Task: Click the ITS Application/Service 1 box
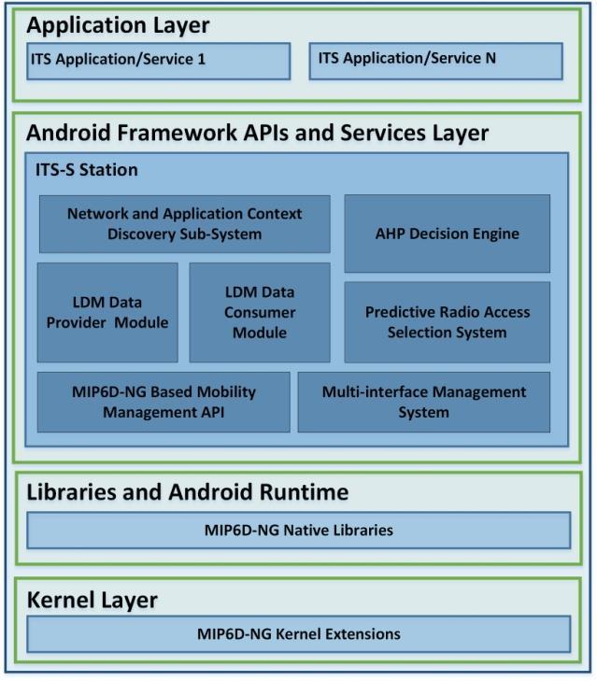point(159,62)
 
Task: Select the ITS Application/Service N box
point(435,62)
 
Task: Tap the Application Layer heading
point(118,25)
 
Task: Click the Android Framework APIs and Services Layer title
point(257,133)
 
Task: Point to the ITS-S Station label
point(87,170)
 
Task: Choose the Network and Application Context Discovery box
point(185,224)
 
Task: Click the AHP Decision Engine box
point(448,234)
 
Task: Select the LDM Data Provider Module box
point(107,312)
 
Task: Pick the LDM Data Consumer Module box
point(260,312)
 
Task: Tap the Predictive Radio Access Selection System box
point(448,322)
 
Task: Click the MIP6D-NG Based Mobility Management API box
point(163,402)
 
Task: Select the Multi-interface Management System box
point(424,402)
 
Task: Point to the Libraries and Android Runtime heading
point(187,492)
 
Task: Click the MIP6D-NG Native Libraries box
point(299,531)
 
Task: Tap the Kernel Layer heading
point(92,601)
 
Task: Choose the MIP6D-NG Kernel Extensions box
point(299,634)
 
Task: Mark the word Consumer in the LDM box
point(260,312)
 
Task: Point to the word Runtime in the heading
point(304,492)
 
